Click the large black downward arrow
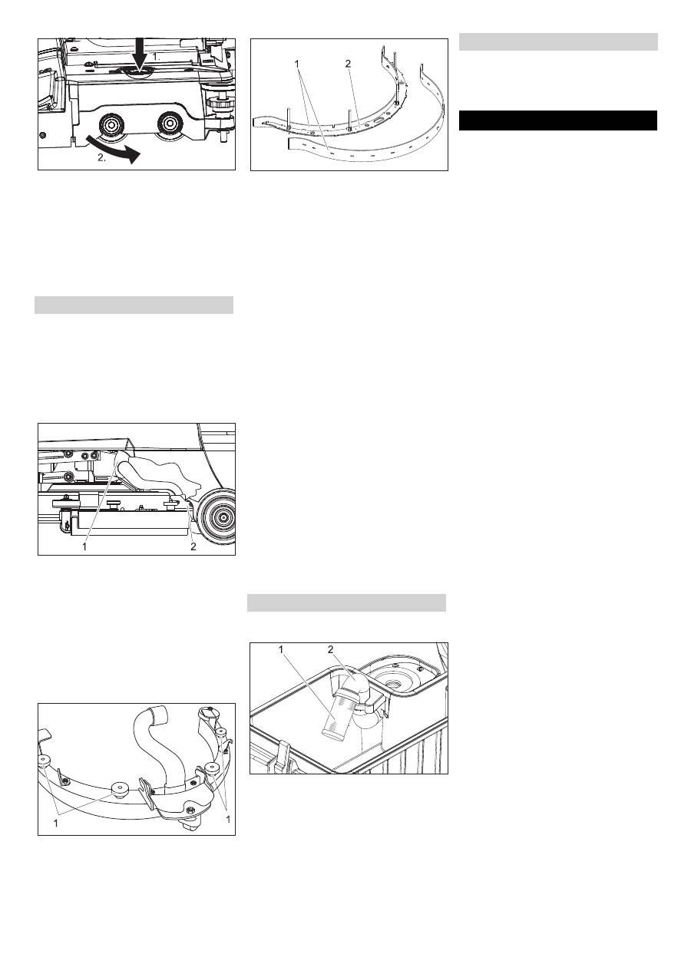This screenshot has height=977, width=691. [x=141, y=54]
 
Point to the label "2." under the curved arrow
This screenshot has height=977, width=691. [x=101, y=158]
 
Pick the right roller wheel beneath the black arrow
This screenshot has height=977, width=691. [x=169, y=125]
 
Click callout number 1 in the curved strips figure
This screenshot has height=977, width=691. [x=297, y=64]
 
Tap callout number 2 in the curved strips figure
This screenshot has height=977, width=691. [x=348, y=64]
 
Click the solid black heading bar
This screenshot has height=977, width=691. [x=558, y=120]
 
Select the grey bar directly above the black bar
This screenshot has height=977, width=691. [x=558, y=42]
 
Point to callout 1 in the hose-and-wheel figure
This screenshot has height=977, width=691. [x=84, y=546]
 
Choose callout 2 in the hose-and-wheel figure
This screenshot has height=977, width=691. [x=193, y=546]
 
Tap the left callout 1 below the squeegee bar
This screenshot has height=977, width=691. [x=56, y=824]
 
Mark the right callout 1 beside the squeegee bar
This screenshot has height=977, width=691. [x=228, y=820]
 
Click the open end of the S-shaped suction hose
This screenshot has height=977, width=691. [x=160, y=714]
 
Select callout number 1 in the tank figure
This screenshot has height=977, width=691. [x=281, y=649]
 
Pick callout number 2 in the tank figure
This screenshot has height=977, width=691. [x=331, y=649]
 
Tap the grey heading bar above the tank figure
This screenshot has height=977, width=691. [x=346, y=602]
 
